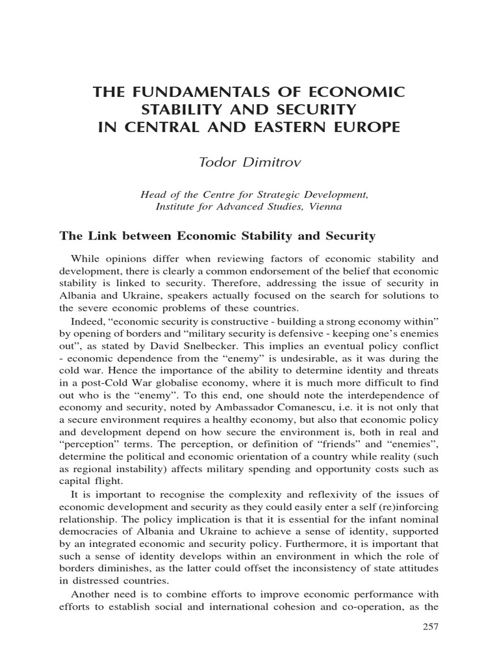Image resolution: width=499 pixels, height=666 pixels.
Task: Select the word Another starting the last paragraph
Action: pos(90,595)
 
